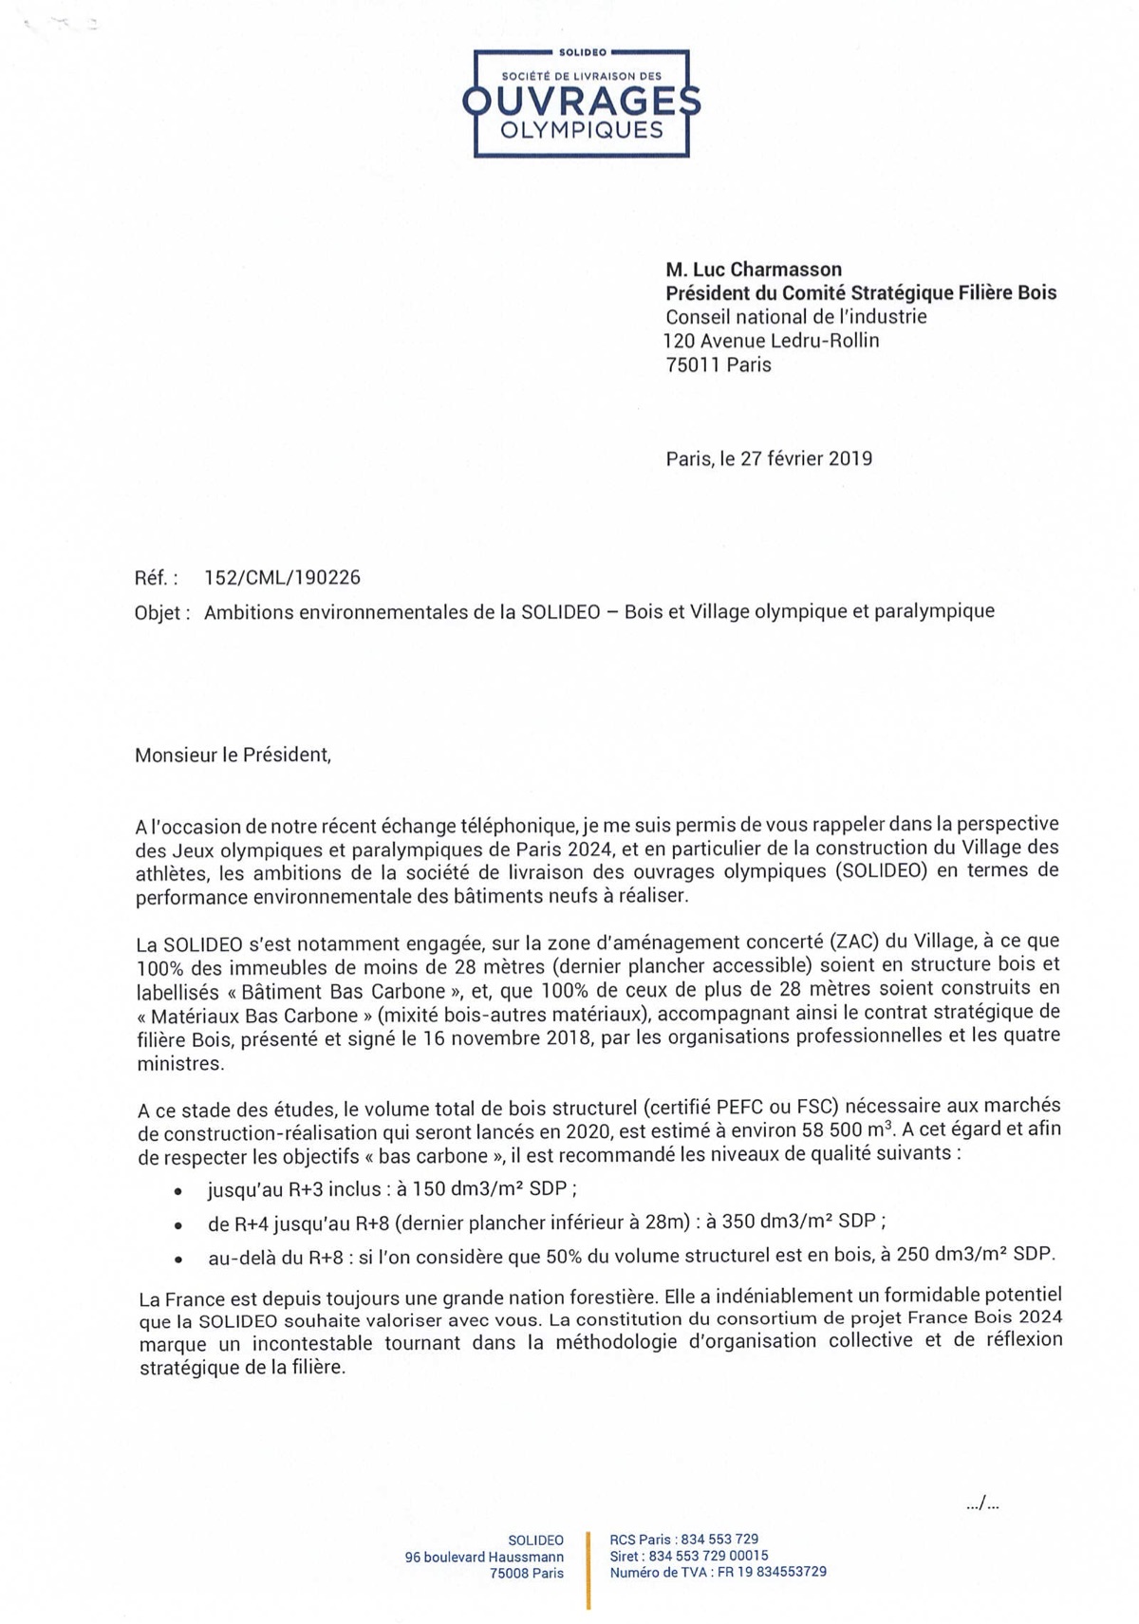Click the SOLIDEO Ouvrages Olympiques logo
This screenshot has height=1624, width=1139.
coord(581,103)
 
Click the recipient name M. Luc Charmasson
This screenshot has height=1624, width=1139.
coord(754,270)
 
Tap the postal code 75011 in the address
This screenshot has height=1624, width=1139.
coord(693,365)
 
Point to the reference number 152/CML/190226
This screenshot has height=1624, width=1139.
coord(282,578)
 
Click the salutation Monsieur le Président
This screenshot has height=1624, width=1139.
coord(233,756)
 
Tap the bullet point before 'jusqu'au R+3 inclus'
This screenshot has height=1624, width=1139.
coord(177,1191)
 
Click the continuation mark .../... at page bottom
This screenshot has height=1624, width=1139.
coord(982,1503)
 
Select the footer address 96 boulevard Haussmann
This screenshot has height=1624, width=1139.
coord(484,1557)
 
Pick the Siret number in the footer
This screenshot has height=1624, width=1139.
coord(689,1556)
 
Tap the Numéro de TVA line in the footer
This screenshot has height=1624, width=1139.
coord(718,1572)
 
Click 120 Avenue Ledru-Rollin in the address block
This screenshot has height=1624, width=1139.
coord(771,341)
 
